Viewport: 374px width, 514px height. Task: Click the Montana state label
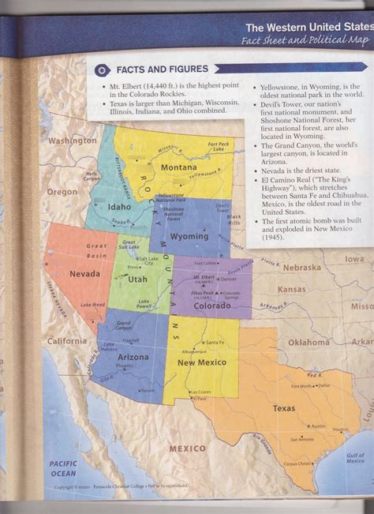pos(178,168)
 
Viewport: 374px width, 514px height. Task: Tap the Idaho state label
pos(119,207)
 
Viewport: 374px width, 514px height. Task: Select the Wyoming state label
pos(189,236)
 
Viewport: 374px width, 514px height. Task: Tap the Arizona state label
pos(123,357)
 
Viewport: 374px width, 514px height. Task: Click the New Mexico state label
pos(197,362)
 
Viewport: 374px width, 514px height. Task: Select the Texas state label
pos(284,408)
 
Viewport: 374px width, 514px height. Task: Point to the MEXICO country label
pos(188,448)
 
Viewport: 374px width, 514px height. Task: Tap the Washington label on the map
pos(72,141)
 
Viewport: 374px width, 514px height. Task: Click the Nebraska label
pos(302,268)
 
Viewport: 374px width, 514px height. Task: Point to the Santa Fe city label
pos(212,342)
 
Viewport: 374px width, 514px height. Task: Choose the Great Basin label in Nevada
pos(97,250)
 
